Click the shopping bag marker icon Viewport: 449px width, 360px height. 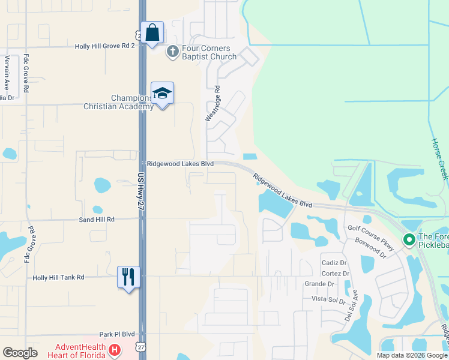(x=152, y=32)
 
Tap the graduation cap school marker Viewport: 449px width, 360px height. (x=162, y=94)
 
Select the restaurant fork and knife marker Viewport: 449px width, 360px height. (x=128, y=277)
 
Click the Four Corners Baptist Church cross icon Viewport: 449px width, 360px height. (x=172, y=52)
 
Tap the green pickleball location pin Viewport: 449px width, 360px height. (x=409, y=241)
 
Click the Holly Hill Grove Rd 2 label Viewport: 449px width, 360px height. (x=106, y=46)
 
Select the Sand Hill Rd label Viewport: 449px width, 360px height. (x=96, y=220)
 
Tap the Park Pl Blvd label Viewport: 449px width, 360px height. (x=118, y=334)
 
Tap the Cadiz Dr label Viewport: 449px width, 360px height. (x=335, y=263)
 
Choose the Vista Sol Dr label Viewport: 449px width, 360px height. (x=328, y=299)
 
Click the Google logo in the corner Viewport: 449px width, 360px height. (x=20, y=353)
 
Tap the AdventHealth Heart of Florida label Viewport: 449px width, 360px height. (x=81, y=350)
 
